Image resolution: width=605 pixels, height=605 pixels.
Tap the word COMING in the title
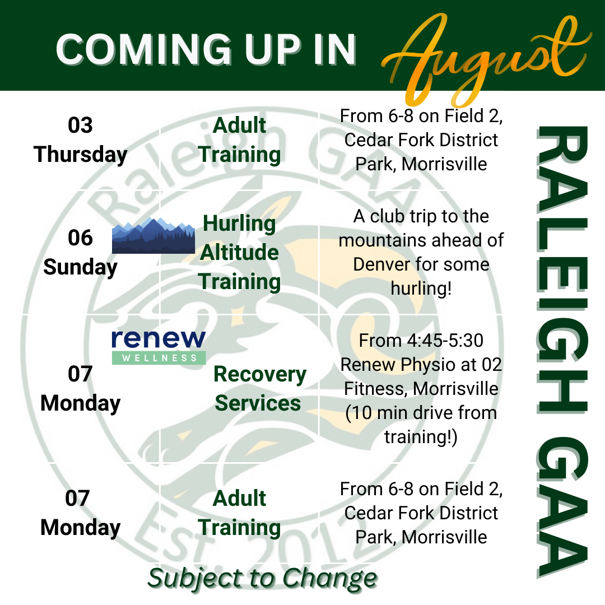coord(143,49)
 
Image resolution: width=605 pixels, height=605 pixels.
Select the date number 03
coord(80,125)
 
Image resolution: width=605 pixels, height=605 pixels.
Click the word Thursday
coord(80,155)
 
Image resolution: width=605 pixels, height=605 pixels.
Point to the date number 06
coord(80,238)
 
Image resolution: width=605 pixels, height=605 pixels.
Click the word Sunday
coord(80,267)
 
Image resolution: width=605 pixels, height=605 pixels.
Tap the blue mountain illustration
coord(153,235)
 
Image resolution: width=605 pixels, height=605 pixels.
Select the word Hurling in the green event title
coord(239,224)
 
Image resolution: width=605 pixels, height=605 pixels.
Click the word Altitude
coord(239,252)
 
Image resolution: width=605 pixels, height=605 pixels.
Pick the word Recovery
coord(260,374)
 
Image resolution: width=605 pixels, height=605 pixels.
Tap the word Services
coord(258,403)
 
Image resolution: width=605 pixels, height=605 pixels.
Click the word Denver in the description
coord(387,264)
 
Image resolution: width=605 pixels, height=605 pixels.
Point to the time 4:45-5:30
coord(445,341)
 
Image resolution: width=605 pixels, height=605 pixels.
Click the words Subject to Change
coord(262,579)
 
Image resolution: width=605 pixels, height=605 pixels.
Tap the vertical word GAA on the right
coord(562,507)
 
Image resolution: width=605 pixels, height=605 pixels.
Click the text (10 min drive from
coord(421,413)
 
